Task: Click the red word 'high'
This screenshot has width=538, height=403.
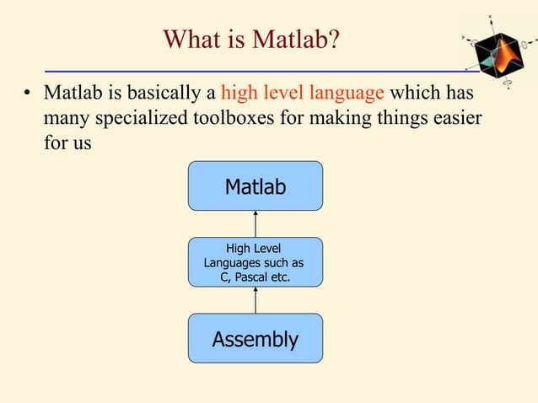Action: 239,91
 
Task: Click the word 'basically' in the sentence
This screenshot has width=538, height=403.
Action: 168,91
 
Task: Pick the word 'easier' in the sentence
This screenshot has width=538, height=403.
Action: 455,117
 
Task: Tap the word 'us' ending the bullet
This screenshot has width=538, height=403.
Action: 81,142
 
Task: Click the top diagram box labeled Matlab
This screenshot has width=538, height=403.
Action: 255,186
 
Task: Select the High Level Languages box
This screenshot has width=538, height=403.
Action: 255,262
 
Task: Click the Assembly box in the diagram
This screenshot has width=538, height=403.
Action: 255,339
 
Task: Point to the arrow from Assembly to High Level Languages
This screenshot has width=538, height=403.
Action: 255,300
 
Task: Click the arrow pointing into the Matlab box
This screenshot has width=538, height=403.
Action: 255,223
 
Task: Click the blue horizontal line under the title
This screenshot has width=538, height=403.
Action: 253,70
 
